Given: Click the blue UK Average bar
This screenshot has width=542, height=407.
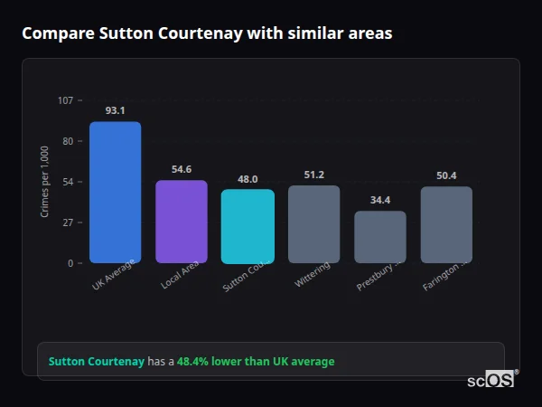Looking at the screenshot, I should (115, 192).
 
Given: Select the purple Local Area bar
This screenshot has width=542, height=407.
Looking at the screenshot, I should (182, 222).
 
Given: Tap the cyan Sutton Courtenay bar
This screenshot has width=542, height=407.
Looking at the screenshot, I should (248, 226).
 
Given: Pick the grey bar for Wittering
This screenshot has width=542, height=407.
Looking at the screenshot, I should (313, 224).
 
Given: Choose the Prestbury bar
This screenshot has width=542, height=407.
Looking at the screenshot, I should (379, 237).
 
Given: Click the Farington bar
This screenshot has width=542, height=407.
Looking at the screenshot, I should (446, 224).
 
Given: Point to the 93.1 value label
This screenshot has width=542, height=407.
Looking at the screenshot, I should (115, 110).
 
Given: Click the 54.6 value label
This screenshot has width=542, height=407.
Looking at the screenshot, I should (182, 169).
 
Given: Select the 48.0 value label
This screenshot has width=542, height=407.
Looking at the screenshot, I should (248, 179).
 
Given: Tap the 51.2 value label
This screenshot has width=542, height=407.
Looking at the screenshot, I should (313, 175).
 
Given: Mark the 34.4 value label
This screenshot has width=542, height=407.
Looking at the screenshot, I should (379, 200).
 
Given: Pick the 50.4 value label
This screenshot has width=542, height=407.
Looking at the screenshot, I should (446, 175).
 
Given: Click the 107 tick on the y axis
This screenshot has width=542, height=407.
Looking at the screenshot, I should (65, 99).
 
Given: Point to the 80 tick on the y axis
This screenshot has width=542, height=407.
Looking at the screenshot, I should (67, 141).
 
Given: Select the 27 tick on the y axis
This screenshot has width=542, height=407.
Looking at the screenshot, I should (67, 222).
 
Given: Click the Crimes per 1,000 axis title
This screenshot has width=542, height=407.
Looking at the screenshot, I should (45, 181).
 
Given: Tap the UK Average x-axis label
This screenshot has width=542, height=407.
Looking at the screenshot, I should (113, 275).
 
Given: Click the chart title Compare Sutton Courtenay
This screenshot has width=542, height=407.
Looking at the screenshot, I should (207, 33).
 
